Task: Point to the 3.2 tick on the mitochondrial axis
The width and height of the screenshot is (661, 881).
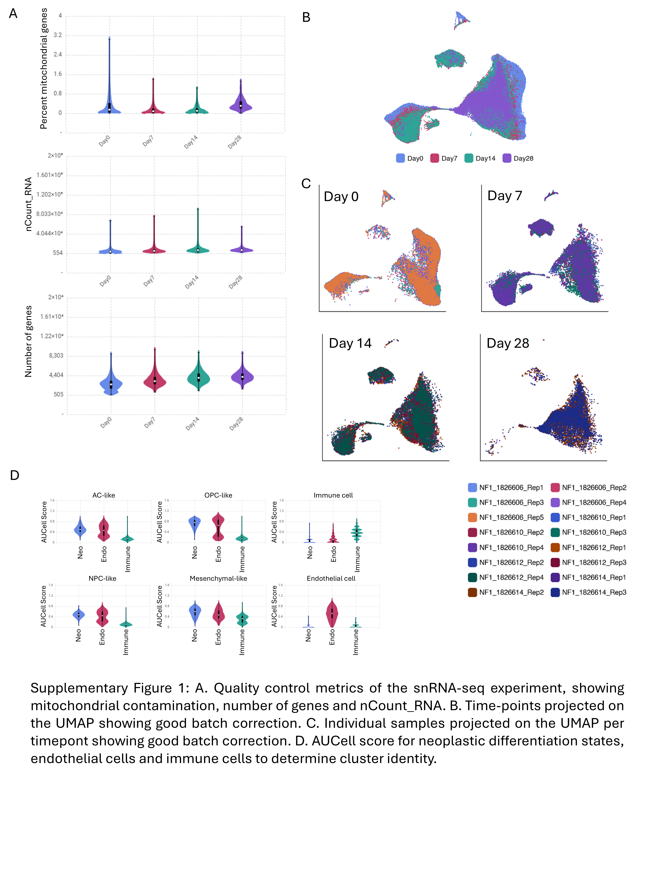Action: pos(58,35)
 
